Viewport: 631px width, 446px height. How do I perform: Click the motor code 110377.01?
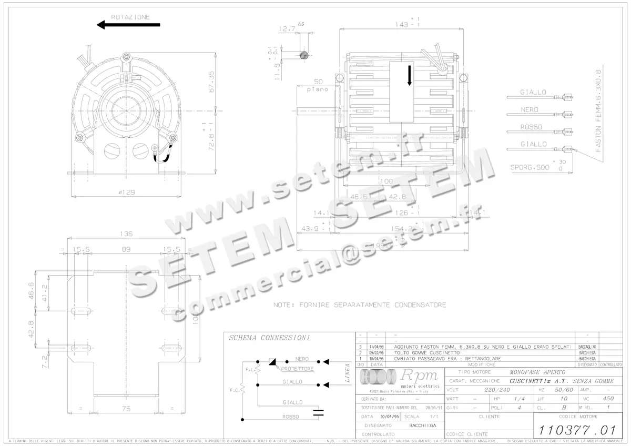(575, 430)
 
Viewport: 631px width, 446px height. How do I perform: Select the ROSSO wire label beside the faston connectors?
(531, 127)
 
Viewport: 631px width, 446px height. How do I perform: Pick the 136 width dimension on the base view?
(126, 234)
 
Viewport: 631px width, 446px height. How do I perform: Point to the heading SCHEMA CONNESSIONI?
(269, 338)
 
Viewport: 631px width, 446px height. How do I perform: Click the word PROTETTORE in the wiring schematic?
(297, 369)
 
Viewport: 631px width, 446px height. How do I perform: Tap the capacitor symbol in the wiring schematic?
(318, 411)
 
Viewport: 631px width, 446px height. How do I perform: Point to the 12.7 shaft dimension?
(287, 29)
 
